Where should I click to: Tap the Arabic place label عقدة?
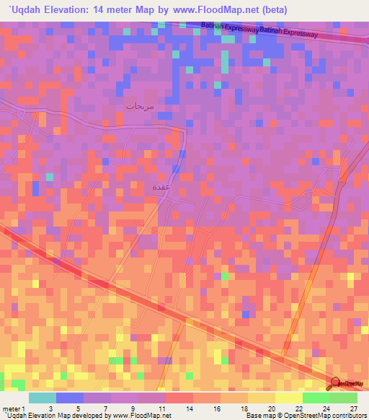[161, 187]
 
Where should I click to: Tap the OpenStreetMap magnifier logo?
[337, 383]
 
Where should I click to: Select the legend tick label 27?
[353, 408]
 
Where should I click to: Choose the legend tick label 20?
[271, 408]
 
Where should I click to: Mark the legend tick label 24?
[326, 408]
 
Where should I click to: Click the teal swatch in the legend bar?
[43, 398]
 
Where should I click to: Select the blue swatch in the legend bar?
[70, 398]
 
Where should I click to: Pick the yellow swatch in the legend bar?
[288, 398]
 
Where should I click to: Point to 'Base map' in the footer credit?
[258, 416]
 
